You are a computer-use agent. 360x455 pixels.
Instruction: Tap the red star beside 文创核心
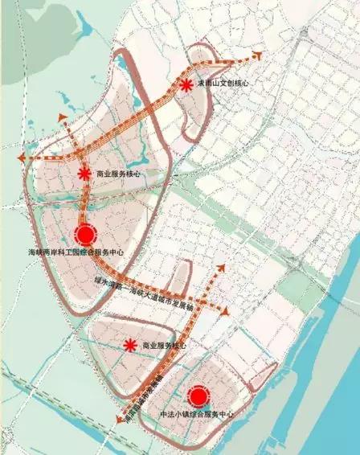click(186, 84)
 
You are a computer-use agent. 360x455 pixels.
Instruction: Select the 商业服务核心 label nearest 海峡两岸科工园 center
click(118, 174)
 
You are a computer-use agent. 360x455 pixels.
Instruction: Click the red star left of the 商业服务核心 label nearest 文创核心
click(84, 174)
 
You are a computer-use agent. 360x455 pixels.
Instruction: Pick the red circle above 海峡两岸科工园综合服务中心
click(84, 235)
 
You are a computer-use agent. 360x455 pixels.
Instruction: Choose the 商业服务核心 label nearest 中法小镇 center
click(163, 346)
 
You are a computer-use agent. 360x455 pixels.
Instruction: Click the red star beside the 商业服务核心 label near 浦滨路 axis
click(129, 346)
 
